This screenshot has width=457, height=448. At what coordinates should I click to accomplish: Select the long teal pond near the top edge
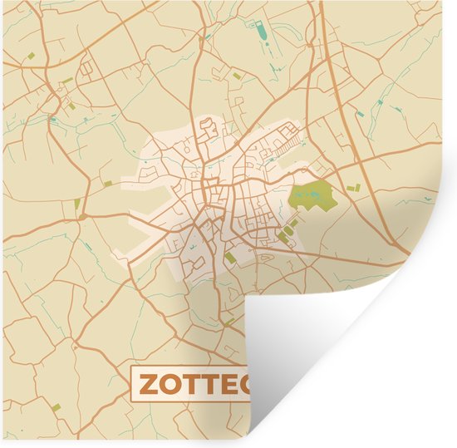point(263,32)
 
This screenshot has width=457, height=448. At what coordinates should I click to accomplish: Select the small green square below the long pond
point(239,76)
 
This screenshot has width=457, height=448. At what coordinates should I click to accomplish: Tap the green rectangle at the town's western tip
point(107,182)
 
